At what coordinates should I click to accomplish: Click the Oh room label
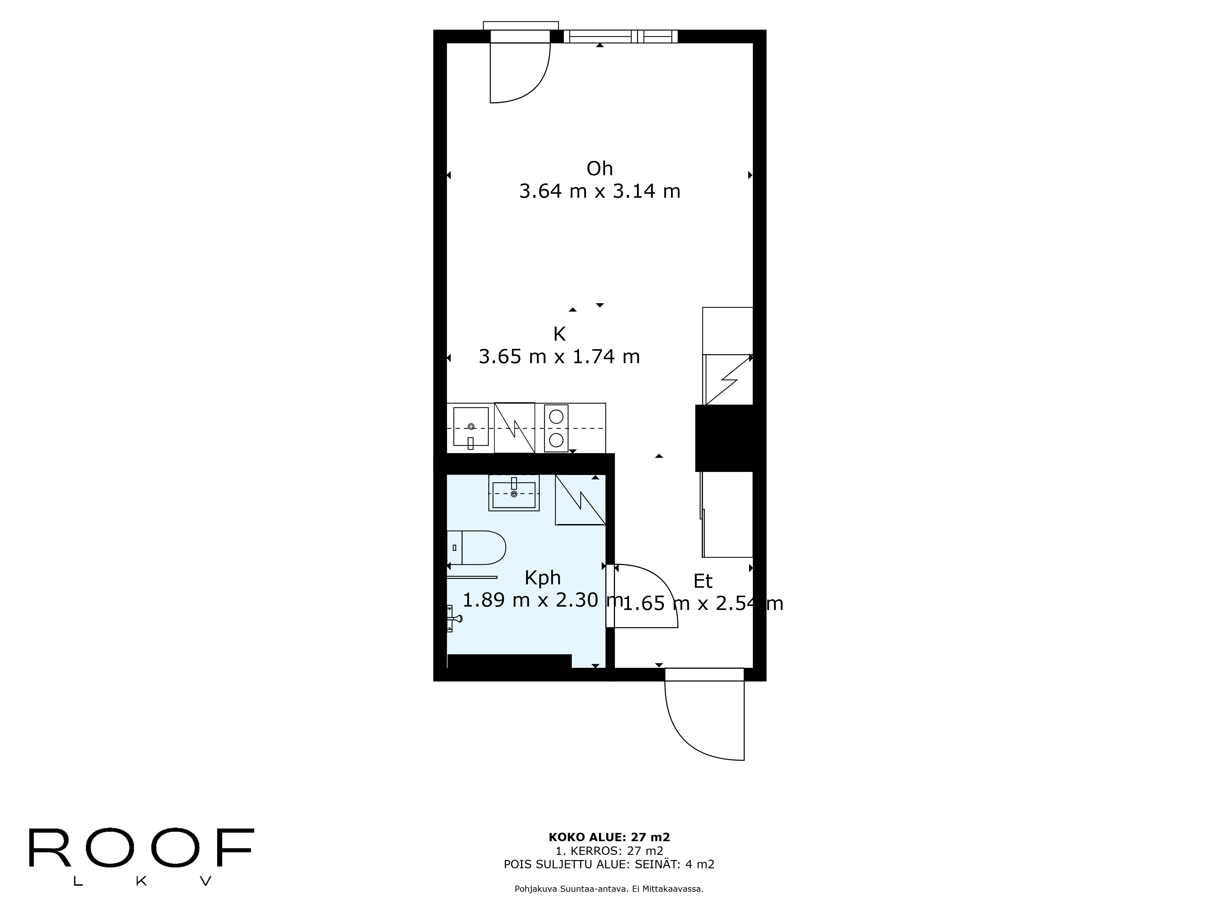(x=599, y=168)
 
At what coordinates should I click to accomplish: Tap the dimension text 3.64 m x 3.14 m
(x=599, y=191)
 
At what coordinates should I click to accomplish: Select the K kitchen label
(x=559, y=334)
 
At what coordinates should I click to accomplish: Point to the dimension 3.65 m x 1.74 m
(x=559, y=356)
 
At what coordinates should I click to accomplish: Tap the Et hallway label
(x=703, y=581)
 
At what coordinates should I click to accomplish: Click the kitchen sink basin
(x=471, y=427)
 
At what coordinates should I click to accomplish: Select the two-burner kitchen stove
(x=556, y=428)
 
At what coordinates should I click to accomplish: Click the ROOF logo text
(x=141, y=847)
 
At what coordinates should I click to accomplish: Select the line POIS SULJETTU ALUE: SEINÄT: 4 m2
(x=609, y=864)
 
